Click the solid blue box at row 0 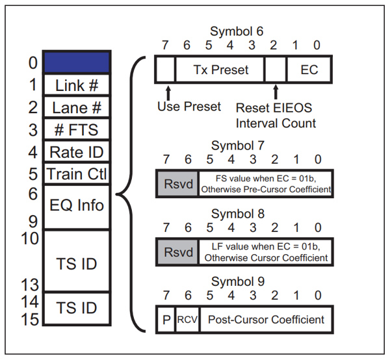77,62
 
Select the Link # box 77,84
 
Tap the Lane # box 77,107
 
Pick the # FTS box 77,129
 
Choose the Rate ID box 77,151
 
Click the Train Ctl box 77,174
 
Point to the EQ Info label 77,205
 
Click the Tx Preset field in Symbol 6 220,70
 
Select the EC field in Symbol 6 309,70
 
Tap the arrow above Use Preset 168,93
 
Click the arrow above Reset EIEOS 276,92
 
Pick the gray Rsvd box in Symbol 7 178,184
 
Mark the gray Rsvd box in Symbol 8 178,252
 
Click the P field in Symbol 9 166,320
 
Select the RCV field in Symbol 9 187,320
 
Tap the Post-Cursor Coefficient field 266,320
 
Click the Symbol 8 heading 238,214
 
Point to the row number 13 30,285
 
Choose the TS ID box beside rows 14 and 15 77,309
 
